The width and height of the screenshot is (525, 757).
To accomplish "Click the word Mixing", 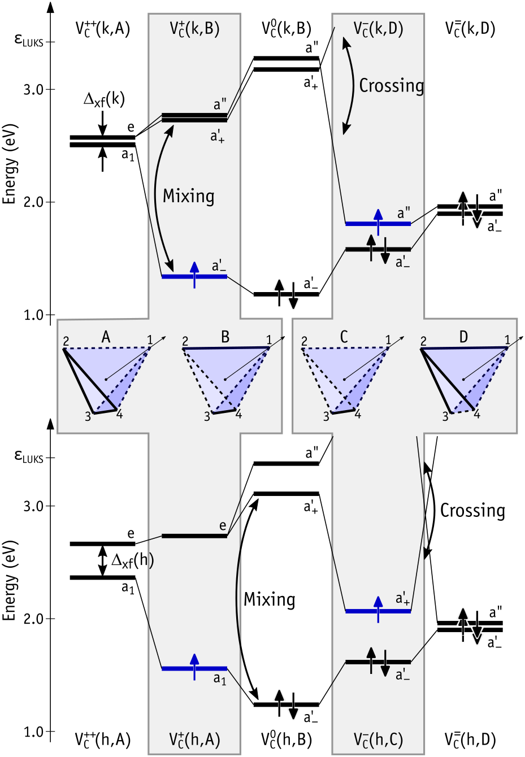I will [188, 196].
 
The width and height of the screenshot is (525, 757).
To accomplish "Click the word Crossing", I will [391, 86].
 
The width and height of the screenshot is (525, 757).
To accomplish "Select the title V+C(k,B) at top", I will [194, 29].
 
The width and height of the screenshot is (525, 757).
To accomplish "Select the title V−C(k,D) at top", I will [378, 29].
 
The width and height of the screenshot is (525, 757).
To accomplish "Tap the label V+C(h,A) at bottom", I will [194, 739].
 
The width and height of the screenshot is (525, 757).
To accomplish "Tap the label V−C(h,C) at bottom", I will [378, 739].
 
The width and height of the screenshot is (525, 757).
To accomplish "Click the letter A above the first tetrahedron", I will [106, 337].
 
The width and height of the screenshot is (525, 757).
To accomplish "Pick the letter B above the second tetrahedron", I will [225, 337].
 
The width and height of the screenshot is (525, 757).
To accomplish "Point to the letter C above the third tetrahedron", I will [344, 337].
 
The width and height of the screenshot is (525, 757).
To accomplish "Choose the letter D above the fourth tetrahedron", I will [463, 337].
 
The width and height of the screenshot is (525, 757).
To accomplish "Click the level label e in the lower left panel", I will [223, 526].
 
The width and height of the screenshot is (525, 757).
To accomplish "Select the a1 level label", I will [219, 679].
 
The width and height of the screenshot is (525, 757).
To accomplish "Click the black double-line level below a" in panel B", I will [194, 118].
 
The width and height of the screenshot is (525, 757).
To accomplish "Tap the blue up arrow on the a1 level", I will [194, 667].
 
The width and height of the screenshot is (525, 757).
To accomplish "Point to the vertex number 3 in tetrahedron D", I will [445, 417].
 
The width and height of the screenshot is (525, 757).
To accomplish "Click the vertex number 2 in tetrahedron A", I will [66, 341].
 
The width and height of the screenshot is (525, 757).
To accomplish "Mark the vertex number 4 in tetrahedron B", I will [238, 415].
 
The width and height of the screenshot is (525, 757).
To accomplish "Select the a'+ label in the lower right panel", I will [402, 599].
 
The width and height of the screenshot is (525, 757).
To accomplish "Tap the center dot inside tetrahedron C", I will [344, 379].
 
